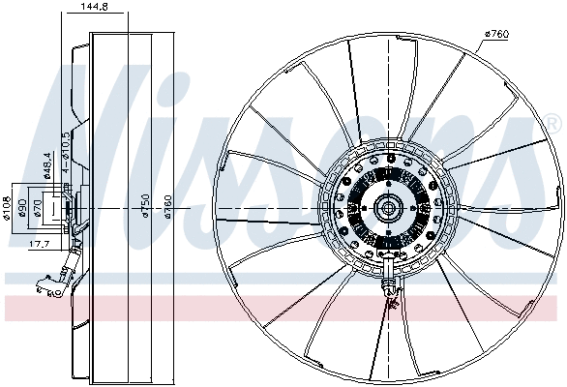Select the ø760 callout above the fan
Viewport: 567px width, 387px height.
click(x=496, y=36)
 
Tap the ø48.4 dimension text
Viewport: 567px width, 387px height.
click(x=45, y=164)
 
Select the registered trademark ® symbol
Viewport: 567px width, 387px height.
click(x=552, y=123)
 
